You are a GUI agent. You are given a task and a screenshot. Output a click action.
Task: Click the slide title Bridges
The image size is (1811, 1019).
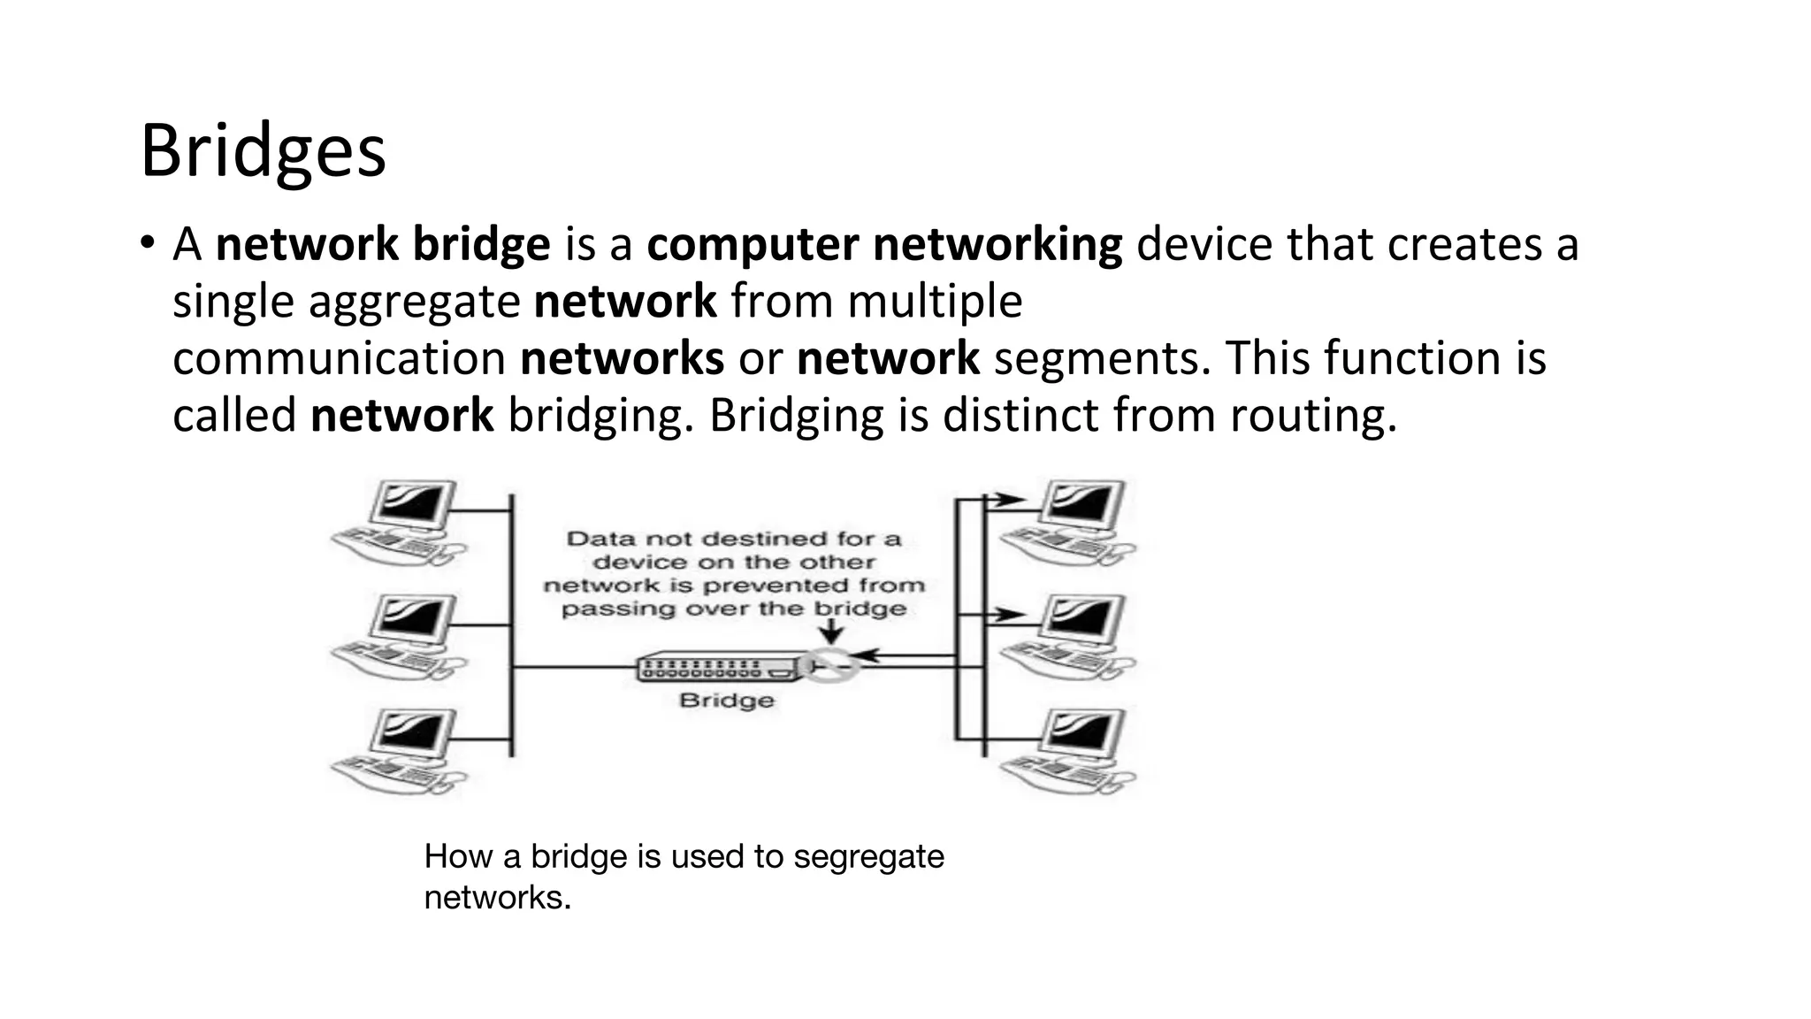click(x=263, y=151)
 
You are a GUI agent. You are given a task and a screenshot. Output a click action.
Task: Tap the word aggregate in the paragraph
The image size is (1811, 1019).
click(x=414, y=302)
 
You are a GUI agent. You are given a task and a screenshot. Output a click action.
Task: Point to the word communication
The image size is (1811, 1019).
click(x=339, y=359)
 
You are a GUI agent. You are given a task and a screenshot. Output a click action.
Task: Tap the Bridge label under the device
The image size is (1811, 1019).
click(x=726, y=701)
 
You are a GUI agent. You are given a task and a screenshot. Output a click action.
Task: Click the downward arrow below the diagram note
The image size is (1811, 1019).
click(x=831, y=632)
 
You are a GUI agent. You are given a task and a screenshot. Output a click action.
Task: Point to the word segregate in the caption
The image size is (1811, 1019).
click(x=868, y=856)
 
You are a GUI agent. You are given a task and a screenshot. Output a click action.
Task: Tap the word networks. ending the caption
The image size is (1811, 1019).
click(x=497, y=898)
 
